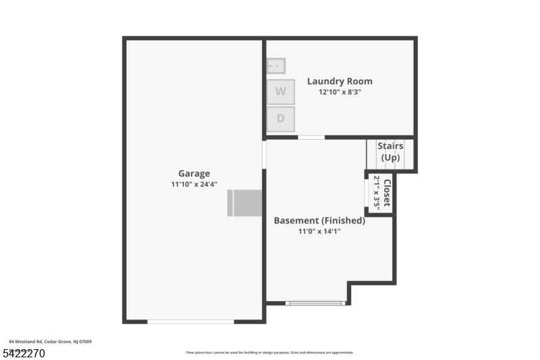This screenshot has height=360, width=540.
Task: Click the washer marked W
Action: [280, 91]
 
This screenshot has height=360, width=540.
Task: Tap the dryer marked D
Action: [280, 119]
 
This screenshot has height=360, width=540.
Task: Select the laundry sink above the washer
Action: [276, 66]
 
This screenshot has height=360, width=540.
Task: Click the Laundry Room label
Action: [340, 81]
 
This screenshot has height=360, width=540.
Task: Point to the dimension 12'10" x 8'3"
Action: [340, 93]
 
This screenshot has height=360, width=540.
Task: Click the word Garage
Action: [194, 173]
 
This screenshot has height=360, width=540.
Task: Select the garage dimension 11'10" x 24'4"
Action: [194, 184]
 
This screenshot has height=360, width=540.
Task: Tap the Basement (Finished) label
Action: [319, 220]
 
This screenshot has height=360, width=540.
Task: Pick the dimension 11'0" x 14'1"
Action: [319, 232]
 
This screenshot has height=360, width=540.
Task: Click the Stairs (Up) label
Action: [390, 152]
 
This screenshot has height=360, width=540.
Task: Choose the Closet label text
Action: [387, 194]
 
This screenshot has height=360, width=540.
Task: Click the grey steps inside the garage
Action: [244, 203]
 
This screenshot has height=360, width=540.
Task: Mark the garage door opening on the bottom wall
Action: [190, 322]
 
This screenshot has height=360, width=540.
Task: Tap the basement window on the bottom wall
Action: [316, 303]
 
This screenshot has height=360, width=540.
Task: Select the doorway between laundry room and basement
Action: [311, 137]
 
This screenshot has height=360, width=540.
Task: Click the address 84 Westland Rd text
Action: [51, 342]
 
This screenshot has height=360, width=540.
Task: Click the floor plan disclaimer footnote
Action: [269, 353]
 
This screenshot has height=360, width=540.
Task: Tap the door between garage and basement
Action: [264, 154]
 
